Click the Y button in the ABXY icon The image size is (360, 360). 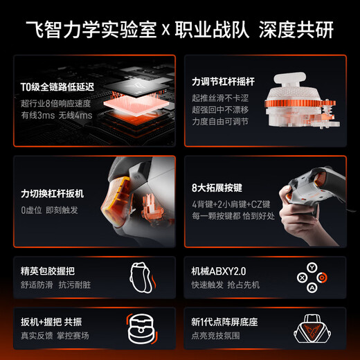[312, 266]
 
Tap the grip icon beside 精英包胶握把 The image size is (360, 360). [142, 277]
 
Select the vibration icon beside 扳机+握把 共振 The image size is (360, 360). [142, 328]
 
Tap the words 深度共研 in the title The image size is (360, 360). [301, 30]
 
